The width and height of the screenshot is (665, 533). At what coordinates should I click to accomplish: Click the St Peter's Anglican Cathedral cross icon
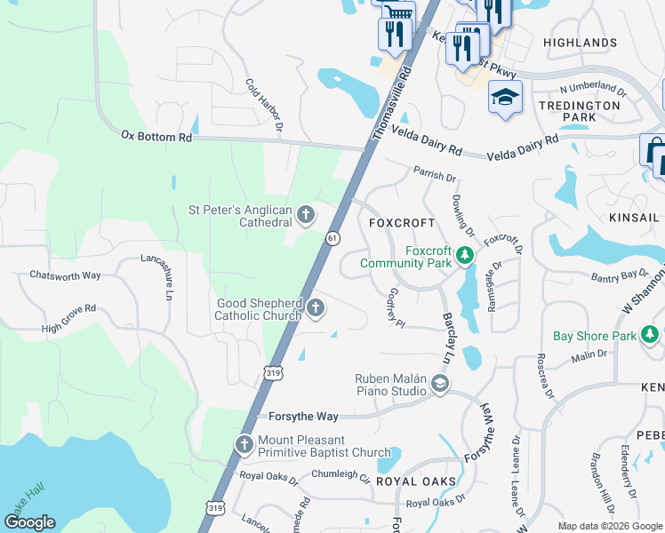pyautogui.click(x=305, y=213)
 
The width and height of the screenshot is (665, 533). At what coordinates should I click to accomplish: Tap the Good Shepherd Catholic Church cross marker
pyautogui.click(x=316, y=308)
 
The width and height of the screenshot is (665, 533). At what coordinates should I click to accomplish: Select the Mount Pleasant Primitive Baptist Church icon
pyautogui.click(x=244, y=443)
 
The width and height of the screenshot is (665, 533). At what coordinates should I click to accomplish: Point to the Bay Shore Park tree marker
pyautogui.click(x=651, y=335)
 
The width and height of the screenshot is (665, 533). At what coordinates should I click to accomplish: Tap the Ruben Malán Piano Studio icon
pyautogui.click(x=439, y=384)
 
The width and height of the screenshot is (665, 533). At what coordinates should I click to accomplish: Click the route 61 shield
pyautogui.click(x=332, y=238)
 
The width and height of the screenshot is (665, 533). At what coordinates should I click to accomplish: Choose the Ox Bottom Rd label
pyautogui.click(x=156, y=137)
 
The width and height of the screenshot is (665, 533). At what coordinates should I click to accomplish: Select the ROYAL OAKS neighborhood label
pyautogui.click(x=416, y=481)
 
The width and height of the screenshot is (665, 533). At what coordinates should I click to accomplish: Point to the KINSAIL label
pyautogui.click(x=635, y=218)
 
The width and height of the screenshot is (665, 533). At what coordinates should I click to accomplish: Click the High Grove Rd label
pyautogui.click(x=68, y=319)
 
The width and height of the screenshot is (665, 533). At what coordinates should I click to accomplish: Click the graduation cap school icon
pyautogui.click(x=505, y=96)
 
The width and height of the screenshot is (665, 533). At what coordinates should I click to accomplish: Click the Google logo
pyautogui.click(x=31, y=523)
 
